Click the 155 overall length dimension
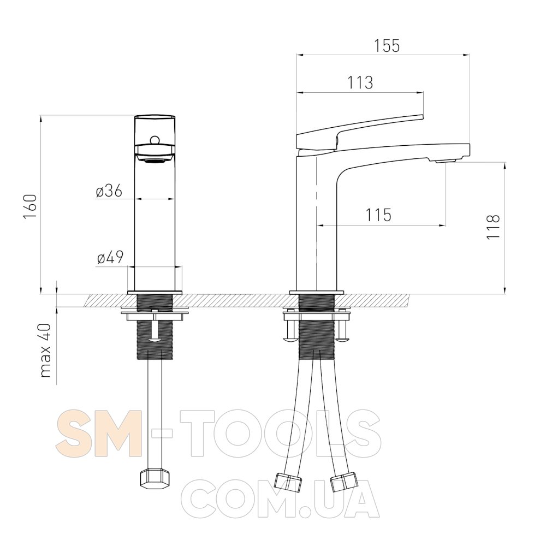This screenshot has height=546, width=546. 387,46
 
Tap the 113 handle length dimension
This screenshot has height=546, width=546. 360,83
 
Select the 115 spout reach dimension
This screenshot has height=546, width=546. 378,215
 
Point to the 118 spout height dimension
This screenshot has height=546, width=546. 493,227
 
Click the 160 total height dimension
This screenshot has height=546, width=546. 30,206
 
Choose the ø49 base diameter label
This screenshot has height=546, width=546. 110,258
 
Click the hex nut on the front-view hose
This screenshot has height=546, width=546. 155,480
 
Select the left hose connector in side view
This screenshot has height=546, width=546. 288,482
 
